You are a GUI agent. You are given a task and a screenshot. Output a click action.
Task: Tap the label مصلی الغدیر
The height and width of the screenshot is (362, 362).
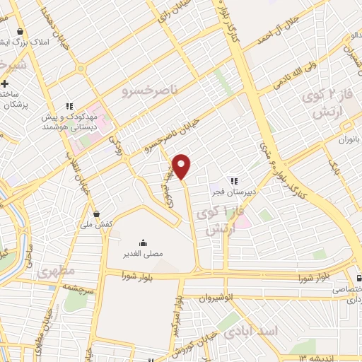pos(143,252)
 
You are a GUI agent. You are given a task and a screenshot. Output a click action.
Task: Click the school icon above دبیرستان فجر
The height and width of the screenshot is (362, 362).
pos(234,181)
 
